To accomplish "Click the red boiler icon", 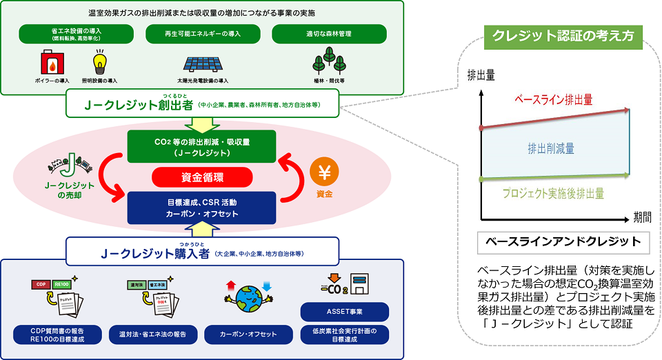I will coord(53,63).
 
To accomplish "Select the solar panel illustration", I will coord(203,63).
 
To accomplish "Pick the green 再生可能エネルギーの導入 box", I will coord(202,33).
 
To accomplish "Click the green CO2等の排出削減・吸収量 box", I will coord(203,147).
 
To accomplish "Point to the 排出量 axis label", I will coord(480,74).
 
